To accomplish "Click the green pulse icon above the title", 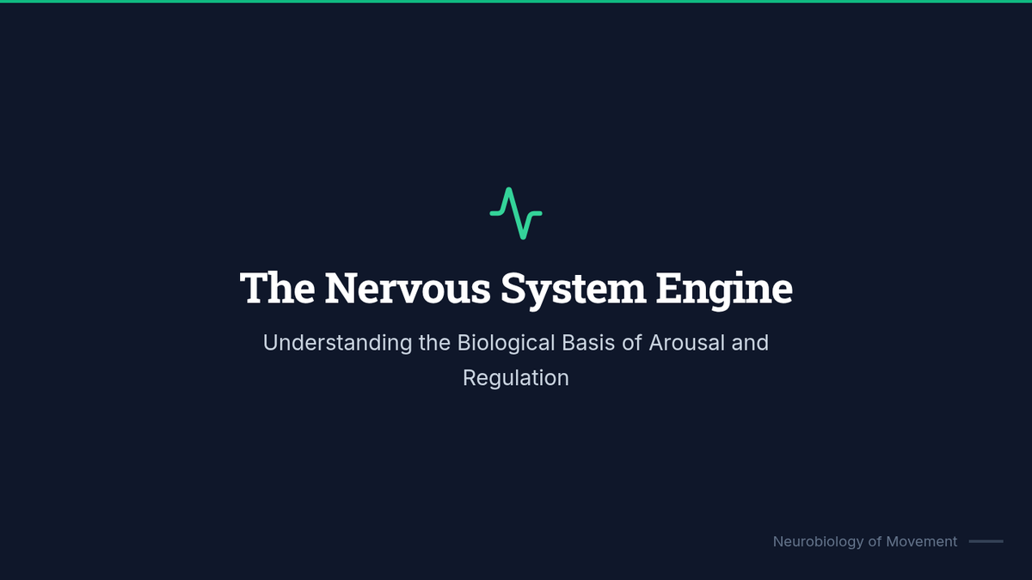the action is coord(516,213).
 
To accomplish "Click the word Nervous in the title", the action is coord(408,288).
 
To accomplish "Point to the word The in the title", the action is coord(277,288).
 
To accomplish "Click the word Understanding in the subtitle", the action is coord(337,343).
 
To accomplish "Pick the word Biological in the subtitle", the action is coord(506,343).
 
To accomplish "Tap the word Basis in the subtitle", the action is coord(588,343).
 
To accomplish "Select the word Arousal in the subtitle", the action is coord(686,343).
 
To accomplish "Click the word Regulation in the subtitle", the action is coord(516,378).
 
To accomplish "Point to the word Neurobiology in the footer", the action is coord(817,541).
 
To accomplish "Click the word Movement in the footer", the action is coord(921,541).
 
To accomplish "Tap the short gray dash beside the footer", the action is coord(986,541).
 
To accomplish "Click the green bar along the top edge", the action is coord(516,2).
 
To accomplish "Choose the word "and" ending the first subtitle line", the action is coord(750,343).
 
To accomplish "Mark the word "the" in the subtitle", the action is coord(434,343).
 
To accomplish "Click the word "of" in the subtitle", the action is coord(632,343).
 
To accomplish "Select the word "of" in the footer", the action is coord(874,541).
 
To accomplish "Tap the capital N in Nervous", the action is coord(341,288).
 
